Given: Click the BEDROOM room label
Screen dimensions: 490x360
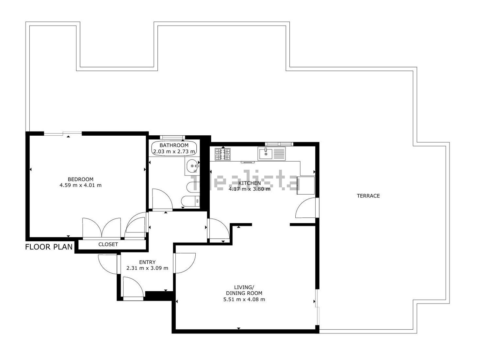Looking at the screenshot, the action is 80,179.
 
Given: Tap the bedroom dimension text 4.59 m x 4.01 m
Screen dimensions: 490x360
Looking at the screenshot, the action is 80,185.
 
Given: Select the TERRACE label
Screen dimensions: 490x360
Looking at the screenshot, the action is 368,196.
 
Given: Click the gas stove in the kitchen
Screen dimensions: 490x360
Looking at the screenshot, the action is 223,154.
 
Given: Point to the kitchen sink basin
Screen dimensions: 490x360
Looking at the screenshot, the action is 266,154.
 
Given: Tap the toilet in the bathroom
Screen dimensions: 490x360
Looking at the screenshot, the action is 190,201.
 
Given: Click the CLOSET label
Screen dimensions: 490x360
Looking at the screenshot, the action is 108,244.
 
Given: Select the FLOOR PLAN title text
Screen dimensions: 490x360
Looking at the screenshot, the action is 49,247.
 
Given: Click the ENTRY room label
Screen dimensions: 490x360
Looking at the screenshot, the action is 147,262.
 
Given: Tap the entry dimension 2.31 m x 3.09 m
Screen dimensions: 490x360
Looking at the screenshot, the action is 147,268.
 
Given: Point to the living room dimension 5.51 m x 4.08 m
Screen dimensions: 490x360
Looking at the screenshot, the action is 244,299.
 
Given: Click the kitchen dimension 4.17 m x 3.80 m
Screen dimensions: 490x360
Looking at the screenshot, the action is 249,189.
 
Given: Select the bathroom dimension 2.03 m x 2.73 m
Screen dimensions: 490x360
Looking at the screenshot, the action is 174,151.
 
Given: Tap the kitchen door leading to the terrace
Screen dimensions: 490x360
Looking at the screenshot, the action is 306,208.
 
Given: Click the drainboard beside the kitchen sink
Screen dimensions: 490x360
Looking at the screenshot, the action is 279,154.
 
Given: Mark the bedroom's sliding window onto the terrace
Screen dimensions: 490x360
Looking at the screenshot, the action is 63,133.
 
